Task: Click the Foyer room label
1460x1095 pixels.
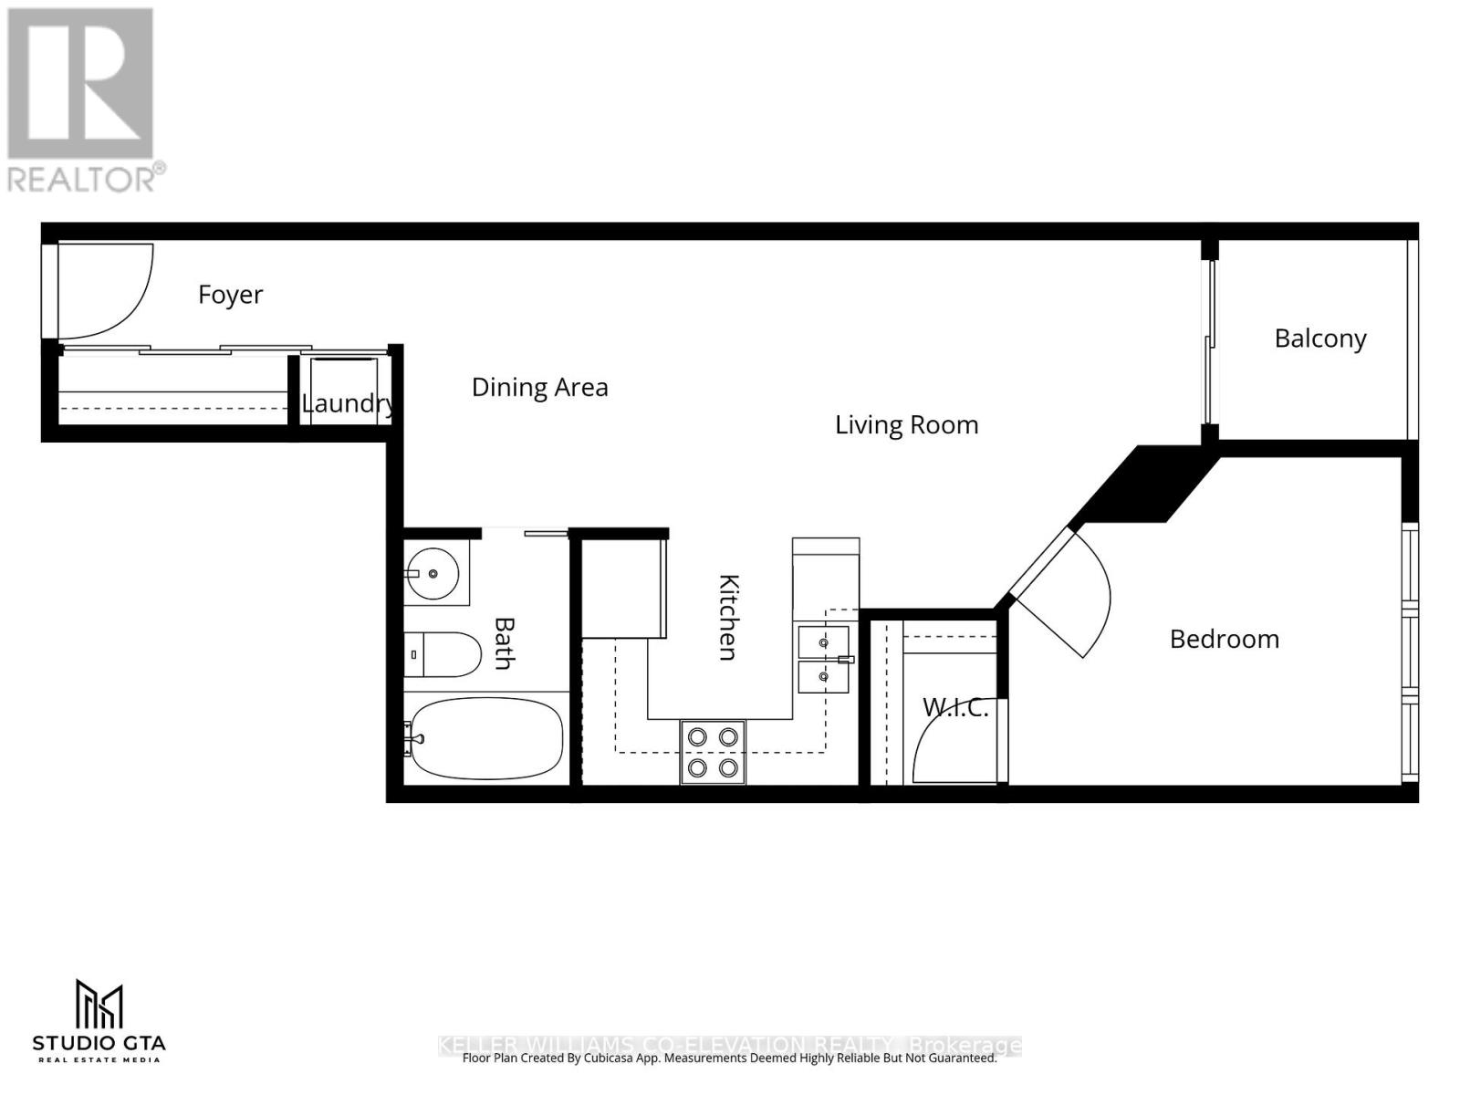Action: tap(230, 295)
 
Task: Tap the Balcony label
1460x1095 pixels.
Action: tap(1319, 339)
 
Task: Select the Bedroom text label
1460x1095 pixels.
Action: tap(1224, 639)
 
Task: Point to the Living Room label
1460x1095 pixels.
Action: tap(906, 425)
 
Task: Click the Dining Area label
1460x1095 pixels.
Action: tap(539, 388)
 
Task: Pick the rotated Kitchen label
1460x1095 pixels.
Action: tap(728, 617)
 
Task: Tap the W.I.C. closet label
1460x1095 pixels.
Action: tap(954, 707)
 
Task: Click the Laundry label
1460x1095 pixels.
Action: tap(348, 403)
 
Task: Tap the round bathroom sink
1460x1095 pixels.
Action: tap(433, 574)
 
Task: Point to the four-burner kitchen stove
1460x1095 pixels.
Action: tap(713, 752)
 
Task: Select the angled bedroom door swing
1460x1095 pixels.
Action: tap(1068, 593)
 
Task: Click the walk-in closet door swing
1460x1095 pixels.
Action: tap(949, 744)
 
